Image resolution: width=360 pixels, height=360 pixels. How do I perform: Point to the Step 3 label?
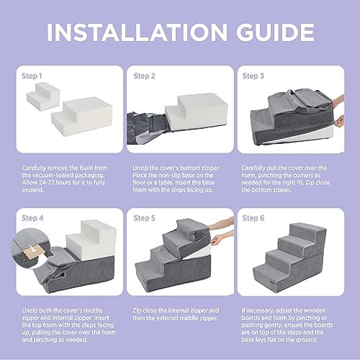tap(253, 76)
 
